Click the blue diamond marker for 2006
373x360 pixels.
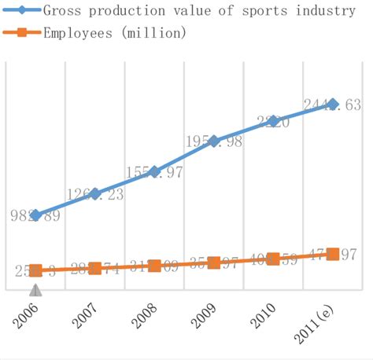[35, 215]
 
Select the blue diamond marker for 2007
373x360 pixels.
[94, 193]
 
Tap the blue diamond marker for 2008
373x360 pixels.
[154, 171]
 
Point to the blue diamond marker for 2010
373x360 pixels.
[273, 120]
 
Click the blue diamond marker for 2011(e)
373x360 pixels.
[332, 104]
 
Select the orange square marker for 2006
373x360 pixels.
[35, 270]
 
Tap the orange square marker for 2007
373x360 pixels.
[94, 269]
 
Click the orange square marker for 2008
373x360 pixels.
[154, 266]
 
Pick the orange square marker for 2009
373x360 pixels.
[214, 263]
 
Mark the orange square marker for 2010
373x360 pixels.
[273, 259]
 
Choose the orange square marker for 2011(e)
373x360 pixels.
[332, 254]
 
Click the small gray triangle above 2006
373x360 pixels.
[35, 290]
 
